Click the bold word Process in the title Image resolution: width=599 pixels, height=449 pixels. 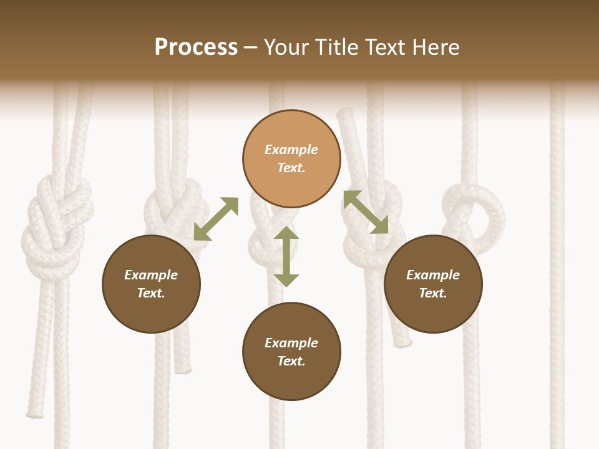196,47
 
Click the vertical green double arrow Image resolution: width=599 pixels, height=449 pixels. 286,256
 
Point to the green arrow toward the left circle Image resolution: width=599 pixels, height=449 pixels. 216,219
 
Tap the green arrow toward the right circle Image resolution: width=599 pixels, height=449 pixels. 366,212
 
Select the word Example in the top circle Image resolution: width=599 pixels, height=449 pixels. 291,150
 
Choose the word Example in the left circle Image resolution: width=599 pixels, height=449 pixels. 151,275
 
